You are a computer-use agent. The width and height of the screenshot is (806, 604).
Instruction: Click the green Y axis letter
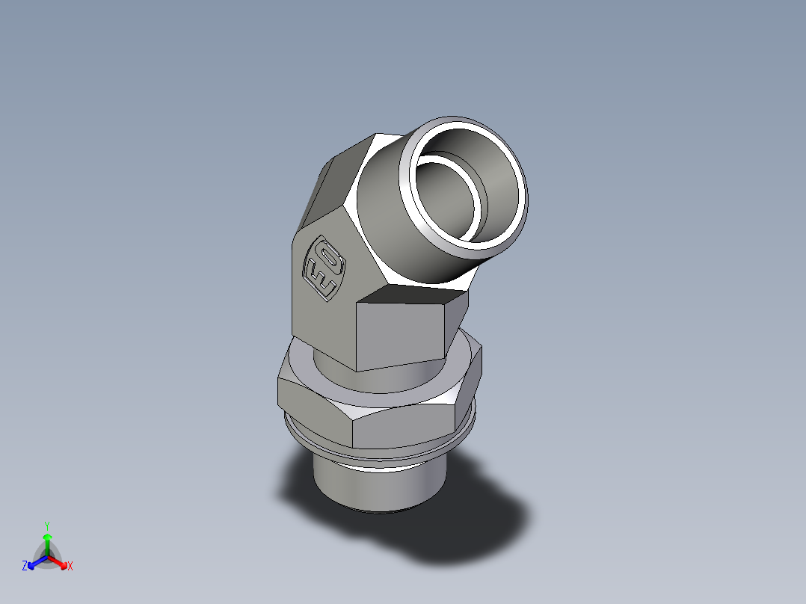(x=46, y=526)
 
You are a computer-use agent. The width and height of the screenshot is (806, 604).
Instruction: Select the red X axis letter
(x=70, y=567)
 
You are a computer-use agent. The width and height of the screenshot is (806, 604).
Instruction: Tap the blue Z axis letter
(x=25, y=567)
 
